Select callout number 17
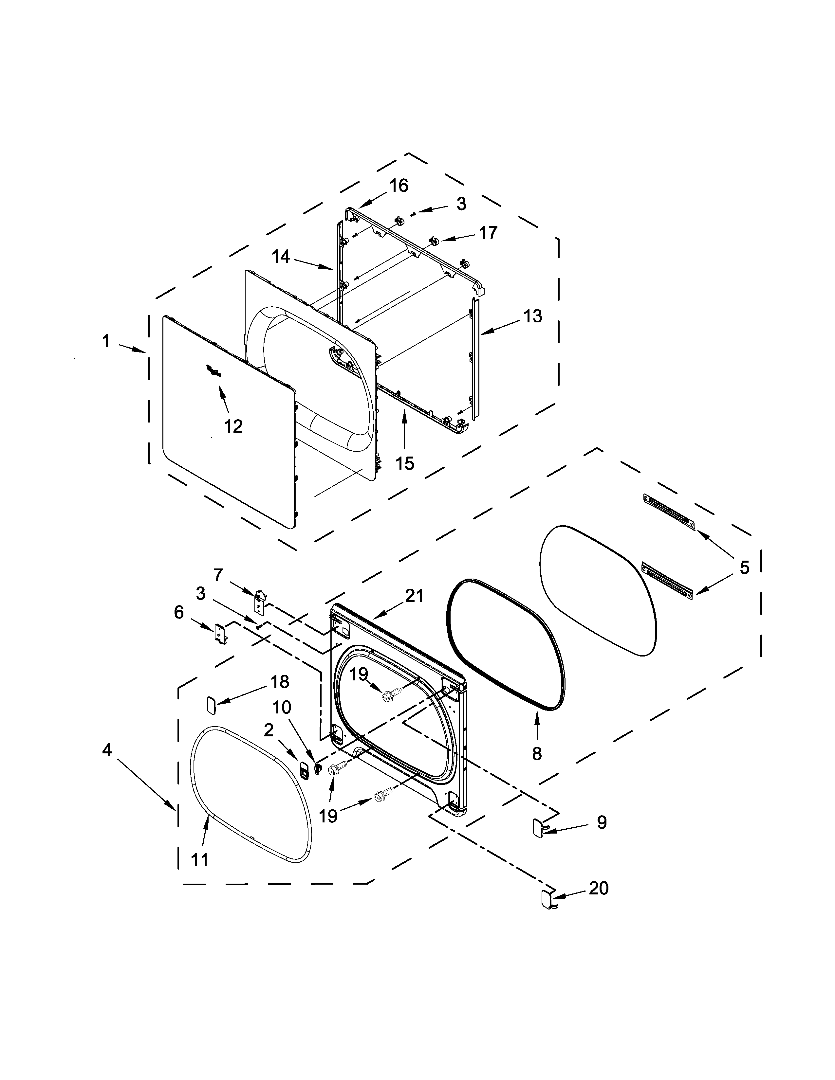point(488,232)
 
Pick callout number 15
point(405,463)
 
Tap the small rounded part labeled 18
point(210,705)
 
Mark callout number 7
point(218,575)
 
